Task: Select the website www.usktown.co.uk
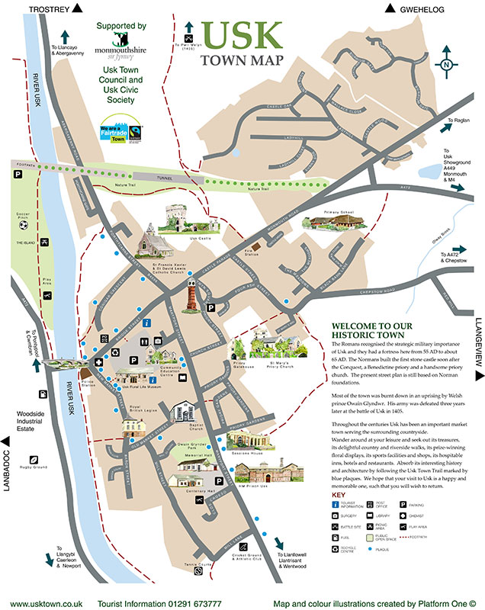tap(40, 602)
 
